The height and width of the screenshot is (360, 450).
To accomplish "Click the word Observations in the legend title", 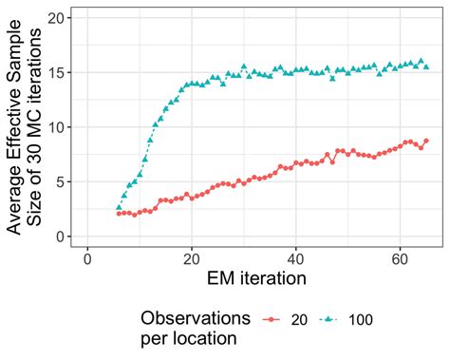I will (195, 315).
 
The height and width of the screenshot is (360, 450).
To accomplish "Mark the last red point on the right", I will (426, 141).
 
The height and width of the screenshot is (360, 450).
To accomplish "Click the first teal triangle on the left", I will (120, 206).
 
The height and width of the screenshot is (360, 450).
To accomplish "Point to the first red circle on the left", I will (120, 214).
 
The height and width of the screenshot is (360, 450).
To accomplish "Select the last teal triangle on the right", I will (426, 66).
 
